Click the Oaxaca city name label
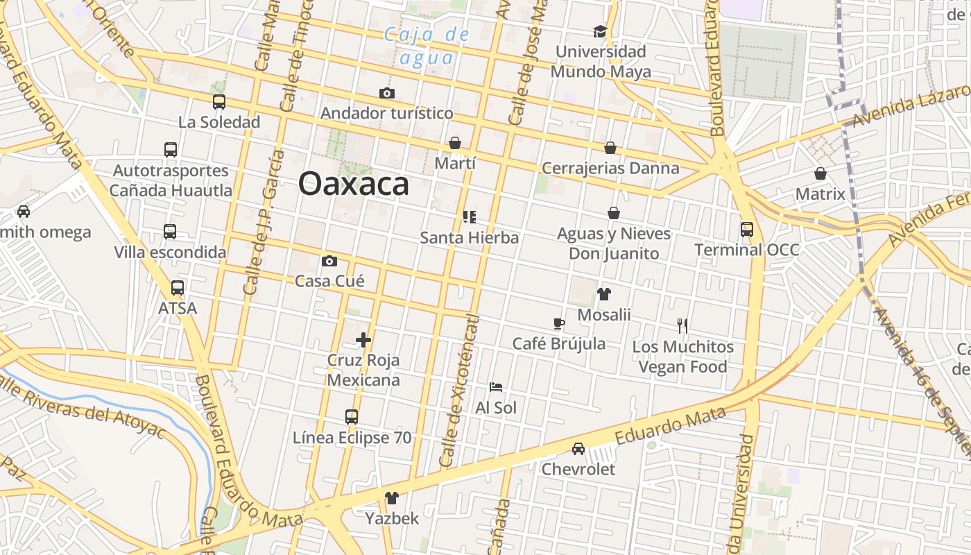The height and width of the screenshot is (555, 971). click(353, 185)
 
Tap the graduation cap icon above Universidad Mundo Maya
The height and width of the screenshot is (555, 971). click(600, 31)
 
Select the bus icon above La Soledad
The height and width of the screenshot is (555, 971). click(219, 102)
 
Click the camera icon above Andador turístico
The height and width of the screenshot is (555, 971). click(387, 93)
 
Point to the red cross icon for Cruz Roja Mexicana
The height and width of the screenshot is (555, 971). click(363, 340)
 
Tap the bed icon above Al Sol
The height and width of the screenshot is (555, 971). click(495, 387)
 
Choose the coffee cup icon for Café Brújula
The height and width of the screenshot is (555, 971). click(559, 323)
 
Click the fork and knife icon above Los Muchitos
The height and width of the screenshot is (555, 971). click(682, 325)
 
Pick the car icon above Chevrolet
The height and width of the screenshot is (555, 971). click(578, 449)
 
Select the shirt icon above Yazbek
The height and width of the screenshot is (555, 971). click(392, 498)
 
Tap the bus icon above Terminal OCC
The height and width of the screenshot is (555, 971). click(747, 229)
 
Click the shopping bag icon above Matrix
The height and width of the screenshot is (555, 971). click(820, 173)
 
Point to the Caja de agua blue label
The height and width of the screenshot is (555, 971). click(427, 46)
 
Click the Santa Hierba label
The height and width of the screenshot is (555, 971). click(470, 238)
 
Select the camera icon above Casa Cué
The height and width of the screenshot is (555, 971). click(329, 262)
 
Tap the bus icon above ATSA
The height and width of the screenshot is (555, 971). click(178, 287)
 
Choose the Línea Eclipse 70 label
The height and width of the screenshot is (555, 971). click(352, 438)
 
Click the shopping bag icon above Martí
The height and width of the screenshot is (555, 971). click(455, 143)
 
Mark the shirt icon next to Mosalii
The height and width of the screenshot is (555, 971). click(603, 294)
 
